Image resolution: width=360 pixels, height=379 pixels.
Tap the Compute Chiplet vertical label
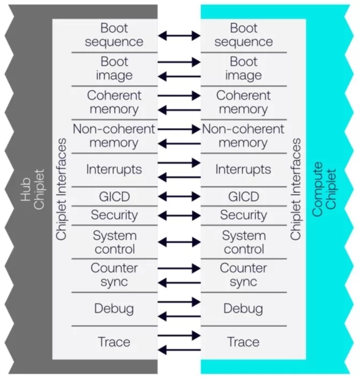tap(325, 190)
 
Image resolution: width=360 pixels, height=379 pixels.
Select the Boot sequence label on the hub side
tap(114, 35)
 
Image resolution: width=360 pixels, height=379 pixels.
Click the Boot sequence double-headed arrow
tap(179, 36)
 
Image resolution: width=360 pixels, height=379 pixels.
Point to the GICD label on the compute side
tap(243, 196)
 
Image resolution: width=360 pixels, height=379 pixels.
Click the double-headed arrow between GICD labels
tap(179, 196)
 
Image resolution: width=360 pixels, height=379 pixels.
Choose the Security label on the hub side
tap(114, 215)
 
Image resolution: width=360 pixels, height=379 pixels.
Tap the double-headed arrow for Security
tap(179, 215)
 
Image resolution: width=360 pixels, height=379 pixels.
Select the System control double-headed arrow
tap(179, 242)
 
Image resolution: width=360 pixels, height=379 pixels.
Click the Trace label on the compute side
tap(243, 341)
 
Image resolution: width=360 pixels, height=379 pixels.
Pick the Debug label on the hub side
tap(114, 309)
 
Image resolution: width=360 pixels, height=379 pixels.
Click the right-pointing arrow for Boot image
tap(179, 62)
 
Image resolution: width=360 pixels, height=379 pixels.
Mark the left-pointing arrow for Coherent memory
tap(179, 110)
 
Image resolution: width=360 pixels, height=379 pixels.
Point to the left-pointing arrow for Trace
tap(179, 350)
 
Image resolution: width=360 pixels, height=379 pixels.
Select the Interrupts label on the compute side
tap(243, 169)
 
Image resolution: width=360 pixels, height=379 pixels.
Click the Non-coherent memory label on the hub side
tap(114, 136)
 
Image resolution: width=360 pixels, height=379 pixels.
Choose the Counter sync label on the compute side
tap(243, 275)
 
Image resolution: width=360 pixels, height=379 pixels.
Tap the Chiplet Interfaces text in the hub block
tap(62, 190)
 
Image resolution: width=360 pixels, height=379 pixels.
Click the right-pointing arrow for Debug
tap(179, 302)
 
